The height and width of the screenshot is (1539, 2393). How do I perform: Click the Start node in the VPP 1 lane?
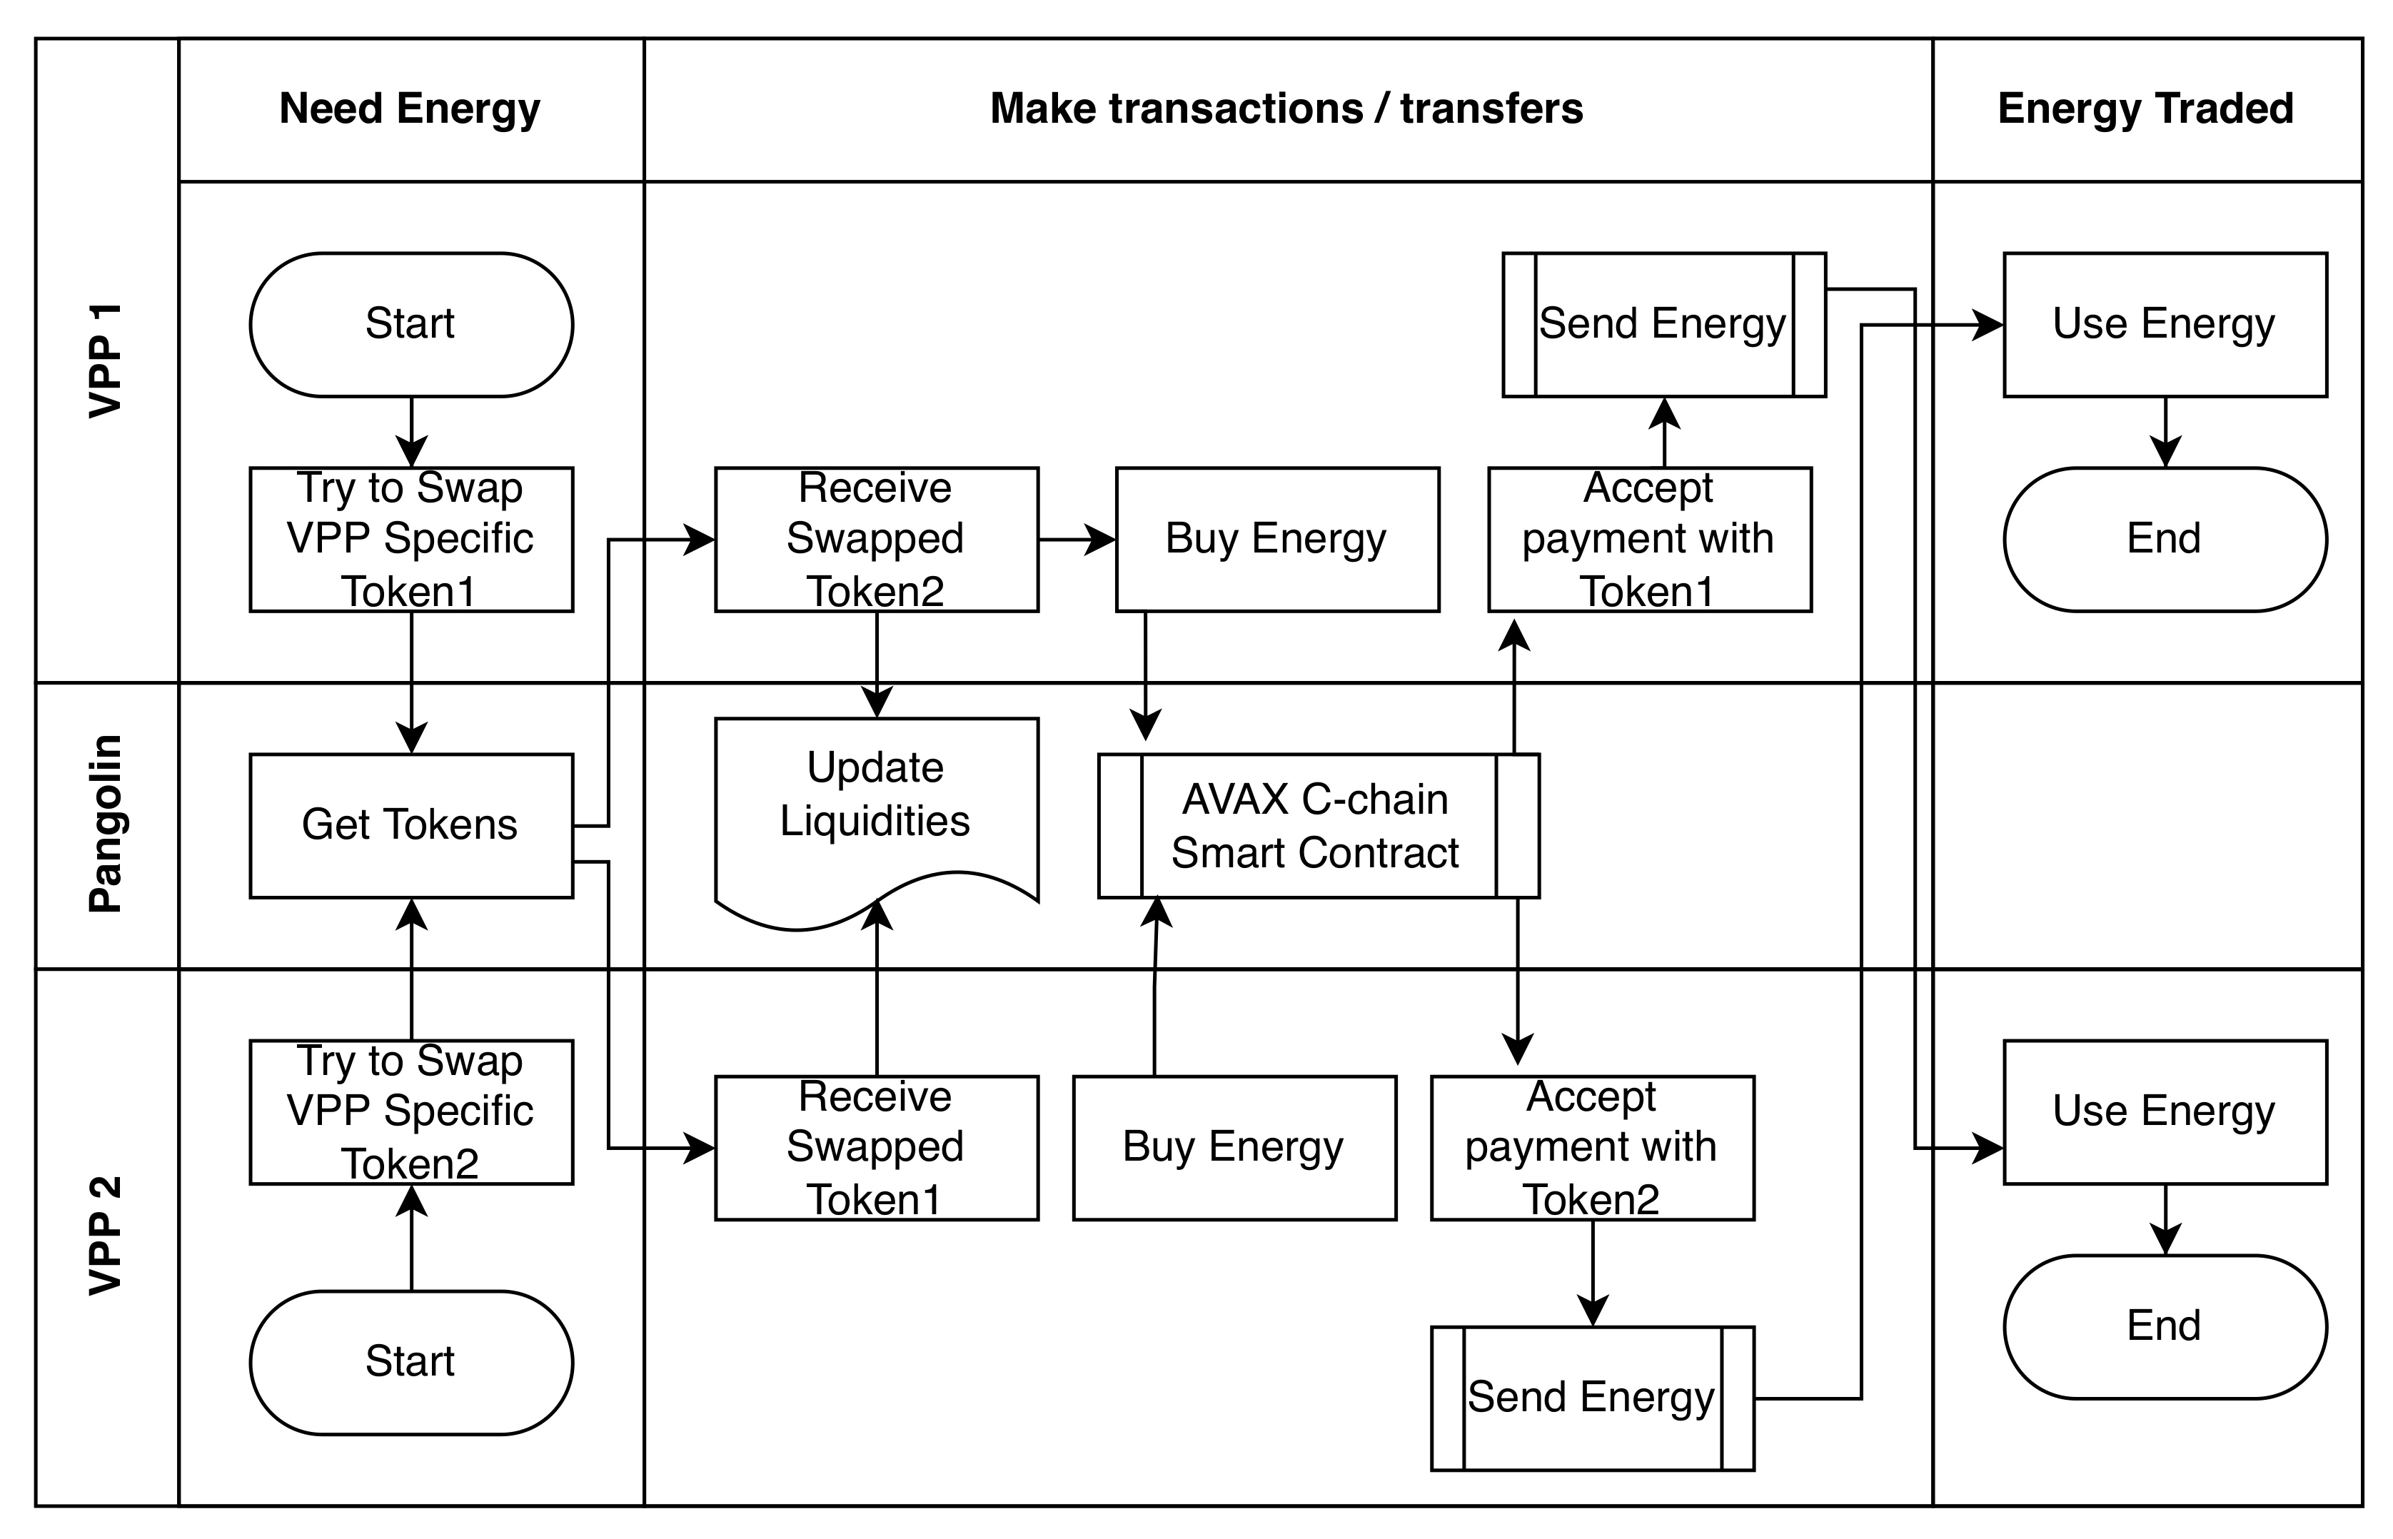(410, 324)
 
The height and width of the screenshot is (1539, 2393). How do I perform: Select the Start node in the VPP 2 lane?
(410, 1362)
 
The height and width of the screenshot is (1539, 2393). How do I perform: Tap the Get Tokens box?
(410, 825)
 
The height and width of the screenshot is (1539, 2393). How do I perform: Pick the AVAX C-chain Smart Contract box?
(1318, 825)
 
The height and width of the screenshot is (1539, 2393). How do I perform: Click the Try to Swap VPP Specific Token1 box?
(410, 539)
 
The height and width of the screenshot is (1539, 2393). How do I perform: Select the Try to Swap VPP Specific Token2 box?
(410, 1111)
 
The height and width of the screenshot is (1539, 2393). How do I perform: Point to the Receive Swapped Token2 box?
(876, 539)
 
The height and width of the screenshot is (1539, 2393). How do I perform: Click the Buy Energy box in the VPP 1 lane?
(1277, 539)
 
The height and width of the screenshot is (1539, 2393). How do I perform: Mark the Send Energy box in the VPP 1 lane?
(1663, 324)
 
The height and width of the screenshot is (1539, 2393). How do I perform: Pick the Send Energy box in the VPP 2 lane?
(1592, 1398)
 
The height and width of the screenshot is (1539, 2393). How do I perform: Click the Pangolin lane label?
(106, 824)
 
